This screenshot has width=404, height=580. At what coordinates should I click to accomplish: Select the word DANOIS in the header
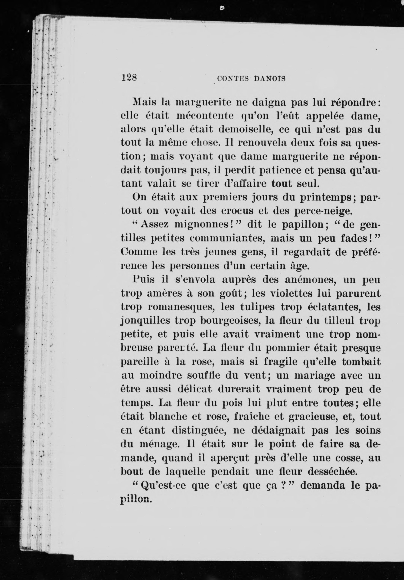point(270,79)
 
